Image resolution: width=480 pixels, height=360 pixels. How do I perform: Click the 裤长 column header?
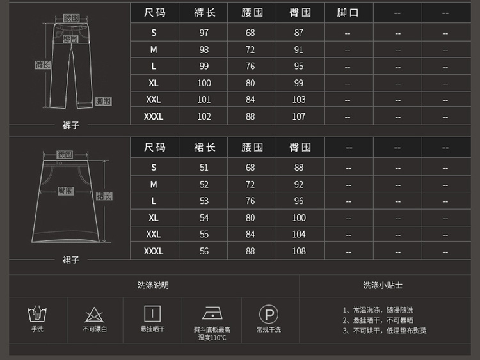pos(204,13)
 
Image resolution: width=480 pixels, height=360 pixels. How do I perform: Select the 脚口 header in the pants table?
pos(348,13)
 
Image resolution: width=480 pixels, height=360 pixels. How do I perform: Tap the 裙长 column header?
pos(204,148)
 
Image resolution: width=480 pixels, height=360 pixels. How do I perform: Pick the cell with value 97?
pos(204,33)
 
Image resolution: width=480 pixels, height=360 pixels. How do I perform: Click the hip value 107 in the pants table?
pos(299,116)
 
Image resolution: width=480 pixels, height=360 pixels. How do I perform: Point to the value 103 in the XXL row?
pos(299,100)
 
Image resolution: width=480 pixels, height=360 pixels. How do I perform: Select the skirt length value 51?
pos(204,168)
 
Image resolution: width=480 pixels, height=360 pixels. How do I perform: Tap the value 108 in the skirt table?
pos(299,251)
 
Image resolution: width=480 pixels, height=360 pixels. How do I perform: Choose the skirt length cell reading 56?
pos(204,251)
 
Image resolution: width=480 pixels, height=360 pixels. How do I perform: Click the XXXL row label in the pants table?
pos(154,116)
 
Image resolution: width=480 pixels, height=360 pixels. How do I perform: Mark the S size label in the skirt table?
pos(154,168)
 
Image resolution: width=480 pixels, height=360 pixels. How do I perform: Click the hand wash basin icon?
pos(38,314)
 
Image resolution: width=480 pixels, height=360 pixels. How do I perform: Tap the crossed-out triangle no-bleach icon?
pos(95,314)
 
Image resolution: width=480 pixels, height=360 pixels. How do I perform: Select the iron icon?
pos(212,313)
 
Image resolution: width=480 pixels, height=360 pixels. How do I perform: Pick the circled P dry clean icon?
pos(268,314)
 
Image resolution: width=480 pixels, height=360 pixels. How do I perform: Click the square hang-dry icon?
pos(152,313)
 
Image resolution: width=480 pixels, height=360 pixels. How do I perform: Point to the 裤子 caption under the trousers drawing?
pos(71,125)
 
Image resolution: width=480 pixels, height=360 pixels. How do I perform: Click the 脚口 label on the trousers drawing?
pos(103,101)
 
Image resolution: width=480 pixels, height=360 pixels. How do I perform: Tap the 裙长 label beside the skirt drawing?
pos(104,196)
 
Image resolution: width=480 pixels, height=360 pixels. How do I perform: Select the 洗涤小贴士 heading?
pos(383,285)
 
